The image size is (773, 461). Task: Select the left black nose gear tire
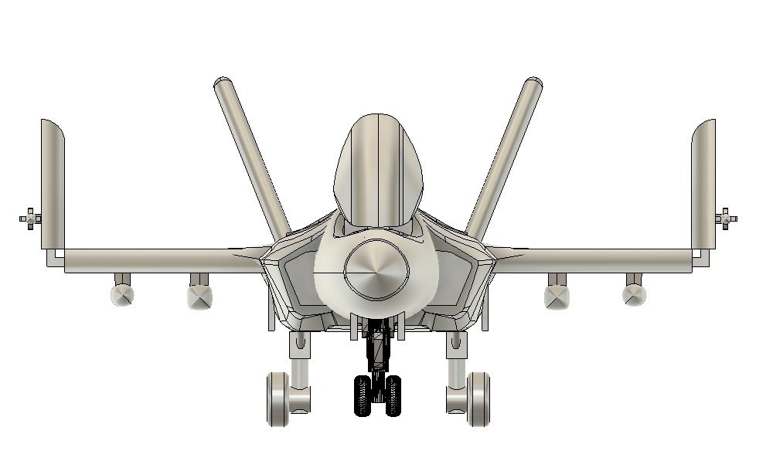point(363,395)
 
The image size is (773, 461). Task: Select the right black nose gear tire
point(393,395)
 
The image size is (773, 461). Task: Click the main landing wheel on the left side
point(278,398)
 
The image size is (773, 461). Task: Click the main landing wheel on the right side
point(478,398)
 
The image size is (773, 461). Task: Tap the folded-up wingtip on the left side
point(53,185)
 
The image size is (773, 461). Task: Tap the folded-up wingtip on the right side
point(703,185)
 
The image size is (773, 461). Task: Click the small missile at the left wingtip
point(29,219)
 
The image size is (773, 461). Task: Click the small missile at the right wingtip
point(727,219)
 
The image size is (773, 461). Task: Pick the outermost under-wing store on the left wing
point(122,294)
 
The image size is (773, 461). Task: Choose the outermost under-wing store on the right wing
point(634,294)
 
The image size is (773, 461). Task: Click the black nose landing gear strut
point(377,351)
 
